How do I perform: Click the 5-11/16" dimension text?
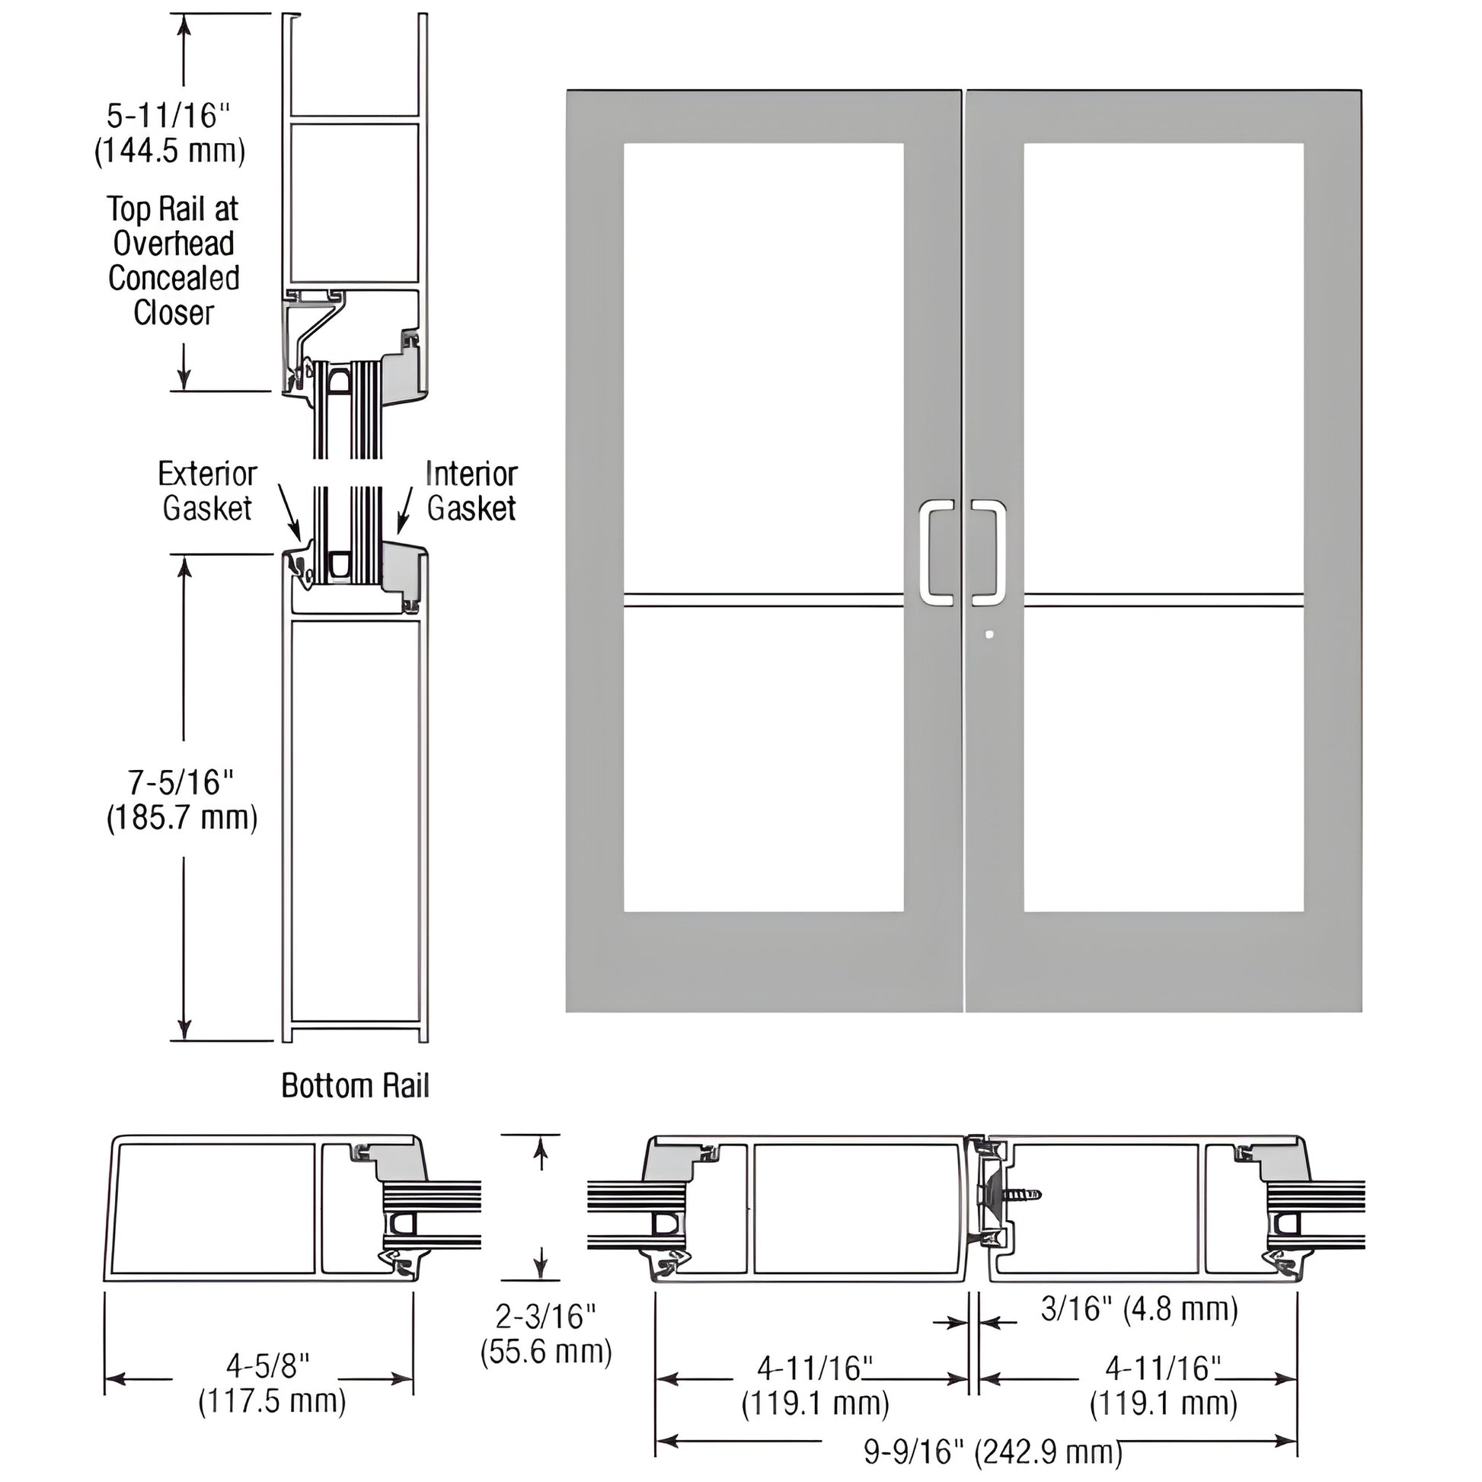[168, 116]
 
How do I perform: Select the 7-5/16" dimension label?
[181, 782]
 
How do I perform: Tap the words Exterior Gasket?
[207, 491]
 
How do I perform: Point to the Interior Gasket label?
[471, 491]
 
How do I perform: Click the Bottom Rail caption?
[355, 1085]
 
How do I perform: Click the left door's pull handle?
[936, 552]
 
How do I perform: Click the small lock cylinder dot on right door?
[989, 634]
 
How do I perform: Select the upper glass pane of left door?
[763, 368]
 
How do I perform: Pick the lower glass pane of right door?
[1163, 759]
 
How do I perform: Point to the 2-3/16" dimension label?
[545, 1316]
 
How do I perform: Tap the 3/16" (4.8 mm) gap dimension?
[1139, 1308]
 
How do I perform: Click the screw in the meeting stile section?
[1020, 1194]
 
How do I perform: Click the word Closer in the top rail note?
[174, 312]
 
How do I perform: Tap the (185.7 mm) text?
[182, 818]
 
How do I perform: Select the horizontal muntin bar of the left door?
[763, 600]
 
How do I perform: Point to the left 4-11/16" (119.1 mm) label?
[815, 1386]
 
